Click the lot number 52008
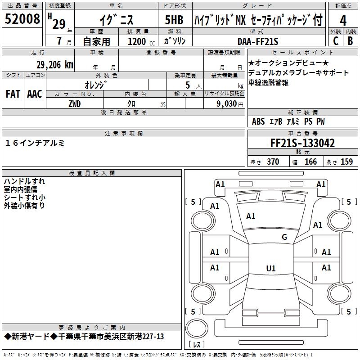(x=22, y=20)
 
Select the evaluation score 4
(x=343, y=20)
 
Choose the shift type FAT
(x=13, y=94)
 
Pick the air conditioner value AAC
(x=35, y=94)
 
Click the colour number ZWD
(x=75, y=104)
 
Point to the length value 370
(x=273, y=162)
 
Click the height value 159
(x=346, y=162)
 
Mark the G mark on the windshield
(x=284, y=237)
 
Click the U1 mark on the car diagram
(x=270, y=269)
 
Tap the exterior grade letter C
(x=335, y=41)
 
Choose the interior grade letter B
(x=351, y=41)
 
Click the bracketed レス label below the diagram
(x=196, y=345)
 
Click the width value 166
(x=310, y=162)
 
